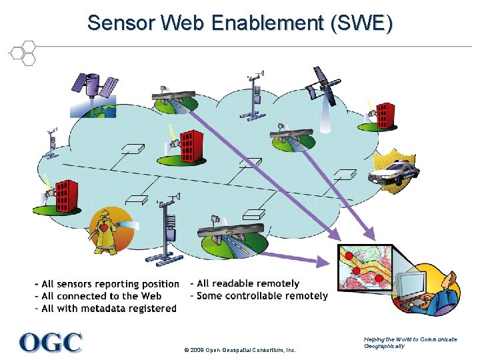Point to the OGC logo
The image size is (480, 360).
click(x=51, y=342)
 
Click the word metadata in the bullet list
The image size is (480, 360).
click(x=119, y=309)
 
